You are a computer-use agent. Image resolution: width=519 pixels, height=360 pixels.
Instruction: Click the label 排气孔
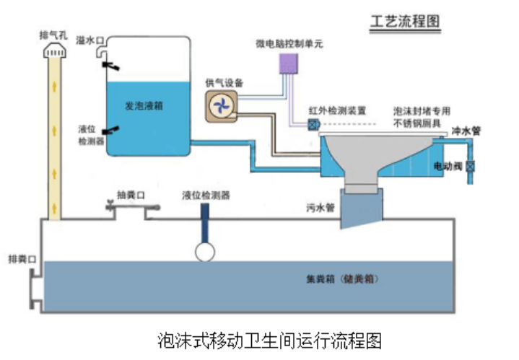click(x=54, y=35)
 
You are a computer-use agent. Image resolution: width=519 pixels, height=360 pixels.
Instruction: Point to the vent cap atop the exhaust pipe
click(x=55, y=50)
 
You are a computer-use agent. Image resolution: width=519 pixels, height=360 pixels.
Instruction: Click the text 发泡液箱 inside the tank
click(x=144, y=105)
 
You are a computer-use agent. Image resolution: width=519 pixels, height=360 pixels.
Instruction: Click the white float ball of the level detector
click(x=206, y=251)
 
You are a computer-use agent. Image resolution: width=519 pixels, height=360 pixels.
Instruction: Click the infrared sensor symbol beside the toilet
click(x=313, y=124)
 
